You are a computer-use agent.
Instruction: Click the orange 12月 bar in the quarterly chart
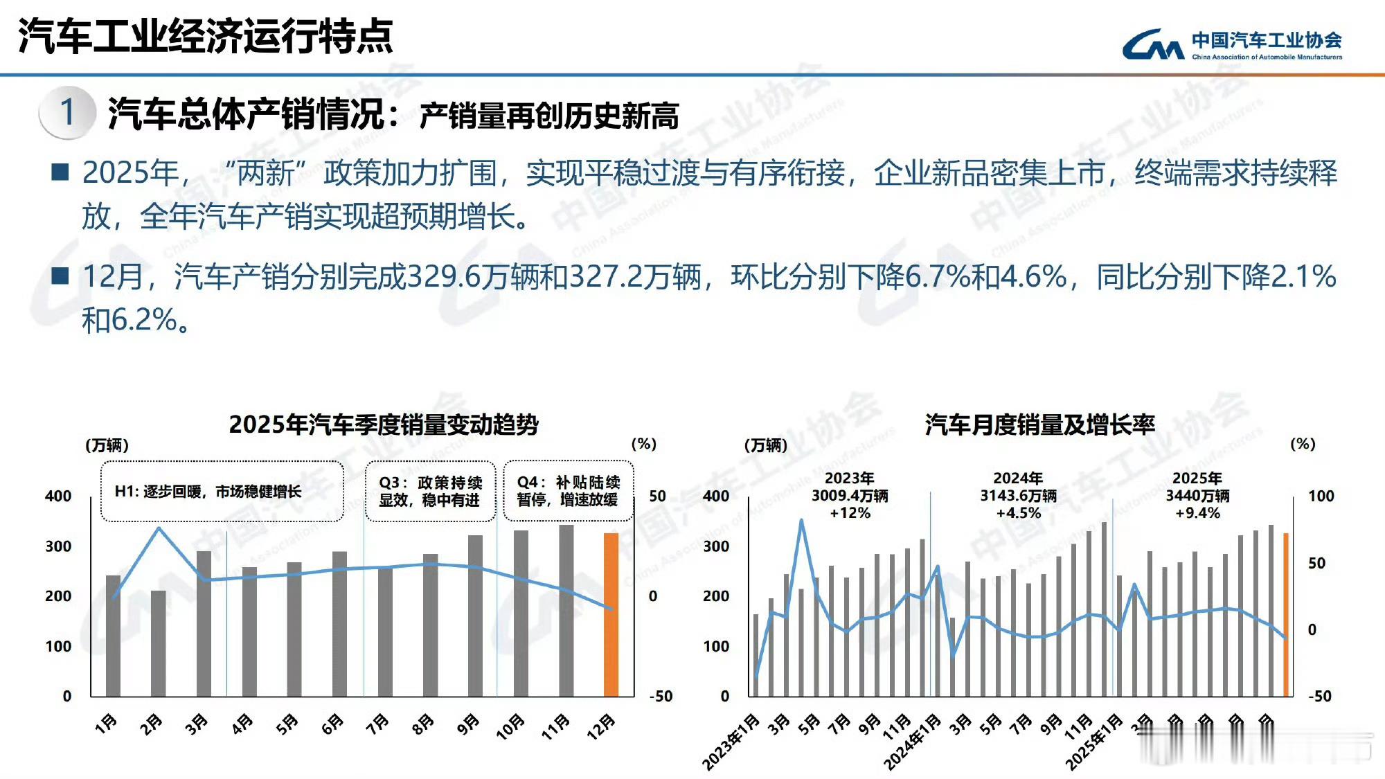tap(611, 615)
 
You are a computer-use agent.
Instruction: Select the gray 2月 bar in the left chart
tap(159, 643)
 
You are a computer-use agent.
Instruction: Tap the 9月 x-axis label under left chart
tap(469, 724)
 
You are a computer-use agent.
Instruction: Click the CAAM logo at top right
tap(1231, 45)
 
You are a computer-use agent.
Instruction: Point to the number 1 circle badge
tap(67, 112)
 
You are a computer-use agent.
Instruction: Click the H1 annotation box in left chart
tap(222, 492)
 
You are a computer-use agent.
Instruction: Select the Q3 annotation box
tap(430, 491)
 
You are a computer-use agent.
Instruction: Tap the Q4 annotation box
tap(568, 491)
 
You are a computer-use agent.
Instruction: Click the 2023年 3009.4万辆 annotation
tap(850, 496)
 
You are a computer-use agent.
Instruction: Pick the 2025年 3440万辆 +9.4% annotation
tap(1197, 496)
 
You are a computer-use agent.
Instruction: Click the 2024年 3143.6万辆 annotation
tap(1018, 496)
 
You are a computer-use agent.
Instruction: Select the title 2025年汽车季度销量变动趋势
tap(383, 424)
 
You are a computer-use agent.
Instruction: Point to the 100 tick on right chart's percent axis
tap(1321, 496)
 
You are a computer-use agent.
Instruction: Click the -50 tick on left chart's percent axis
tap(660, 696)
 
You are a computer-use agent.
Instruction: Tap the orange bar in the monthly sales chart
tap(1286, 615)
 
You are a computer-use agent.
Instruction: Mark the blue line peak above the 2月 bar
tap(159, 528)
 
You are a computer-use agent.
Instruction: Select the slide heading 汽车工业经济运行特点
tap(205, 36)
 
